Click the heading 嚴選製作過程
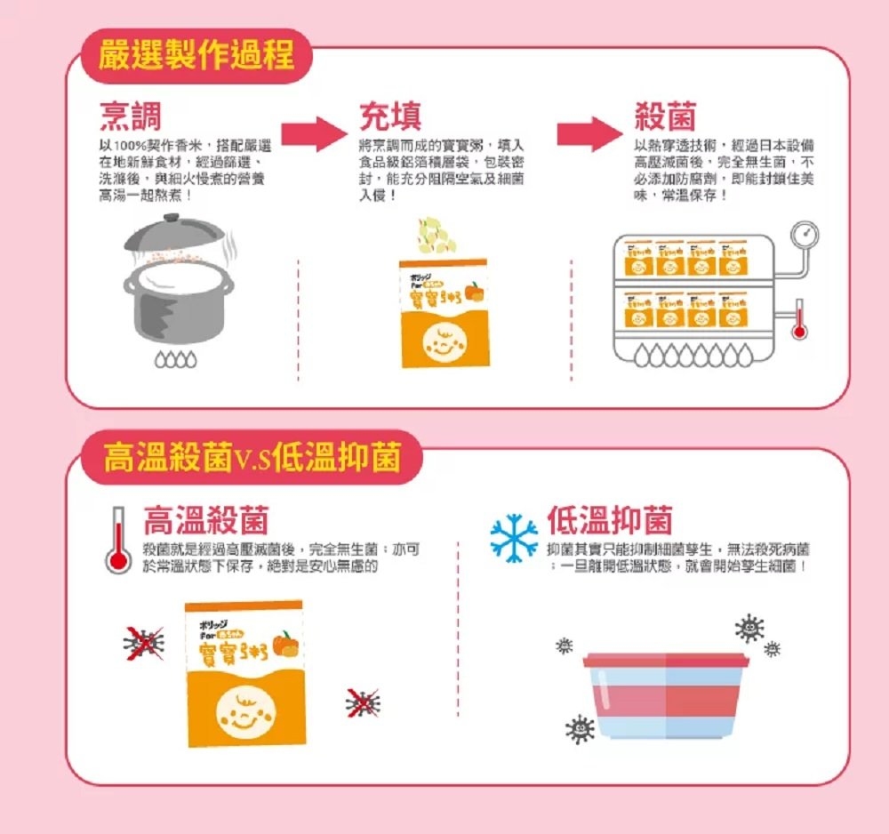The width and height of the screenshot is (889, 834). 198,54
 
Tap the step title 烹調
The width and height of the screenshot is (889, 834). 130,116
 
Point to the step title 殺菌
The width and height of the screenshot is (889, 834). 666,116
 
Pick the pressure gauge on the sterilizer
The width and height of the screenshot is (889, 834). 805,235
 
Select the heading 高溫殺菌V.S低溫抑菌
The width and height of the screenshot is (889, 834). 250,459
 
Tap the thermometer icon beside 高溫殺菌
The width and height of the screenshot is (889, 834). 116,540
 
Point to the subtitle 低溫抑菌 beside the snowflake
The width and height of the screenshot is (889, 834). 610,521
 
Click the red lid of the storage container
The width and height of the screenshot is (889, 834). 666,660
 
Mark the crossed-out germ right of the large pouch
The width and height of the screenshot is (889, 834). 362,702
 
